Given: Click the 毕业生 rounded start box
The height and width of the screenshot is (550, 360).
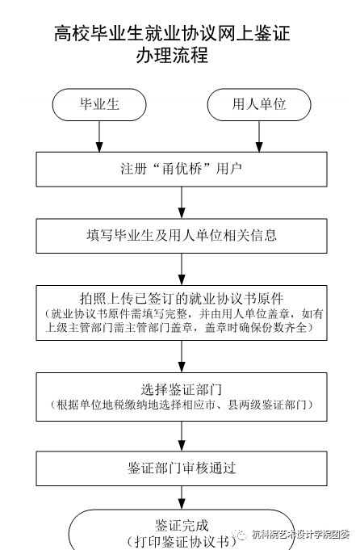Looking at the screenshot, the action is pos(99,104).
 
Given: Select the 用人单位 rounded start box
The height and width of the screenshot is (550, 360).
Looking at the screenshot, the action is pos(259,104).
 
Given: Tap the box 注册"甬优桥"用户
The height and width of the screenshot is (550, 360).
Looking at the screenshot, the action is pos(182,169).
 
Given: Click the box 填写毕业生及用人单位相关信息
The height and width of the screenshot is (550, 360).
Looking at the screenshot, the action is pos(182,236).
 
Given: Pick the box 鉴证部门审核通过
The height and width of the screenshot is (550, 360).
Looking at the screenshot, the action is pos(182,468).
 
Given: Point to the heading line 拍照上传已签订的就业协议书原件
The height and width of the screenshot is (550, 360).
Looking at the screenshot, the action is pos(182,299).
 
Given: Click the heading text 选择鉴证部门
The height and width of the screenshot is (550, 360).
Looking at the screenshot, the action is pos(182,389).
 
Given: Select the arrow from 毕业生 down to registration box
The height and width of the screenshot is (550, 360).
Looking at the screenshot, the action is pos(99,136).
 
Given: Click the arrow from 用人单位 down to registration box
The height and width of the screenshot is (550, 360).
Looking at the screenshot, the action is pos(259,136).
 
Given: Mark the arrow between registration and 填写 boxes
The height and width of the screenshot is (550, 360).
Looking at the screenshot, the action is pos(182,203).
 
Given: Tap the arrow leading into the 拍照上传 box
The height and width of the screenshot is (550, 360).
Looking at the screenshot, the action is pos(182,269).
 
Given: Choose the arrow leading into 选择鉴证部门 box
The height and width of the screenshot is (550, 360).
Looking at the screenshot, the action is pos(182,356).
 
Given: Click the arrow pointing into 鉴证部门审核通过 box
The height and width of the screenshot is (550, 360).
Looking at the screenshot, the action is pos(182,436).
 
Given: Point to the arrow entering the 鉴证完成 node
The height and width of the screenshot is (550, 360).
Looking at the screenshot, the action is pos(182,498).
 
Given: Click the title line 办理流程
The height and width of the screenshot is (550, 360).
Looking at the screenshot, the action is pos(172,55).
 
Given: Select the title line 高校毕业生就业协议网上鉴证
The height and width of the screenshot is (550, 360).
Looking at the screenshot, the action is pos(172,34).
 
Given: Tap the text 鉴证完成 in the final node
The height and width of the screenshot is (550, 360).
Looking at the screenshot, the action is pos(182,526).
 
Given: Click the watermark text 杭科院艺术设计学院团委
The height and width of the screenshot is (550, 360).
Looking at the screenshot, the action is pos(300,535).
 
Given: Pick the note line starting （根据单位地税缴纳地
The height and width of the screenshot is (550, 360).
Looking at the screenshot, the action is pos(182,405).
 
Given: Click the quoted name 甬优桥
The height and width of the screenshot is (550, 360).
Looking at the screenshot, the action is pos(182,169).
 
